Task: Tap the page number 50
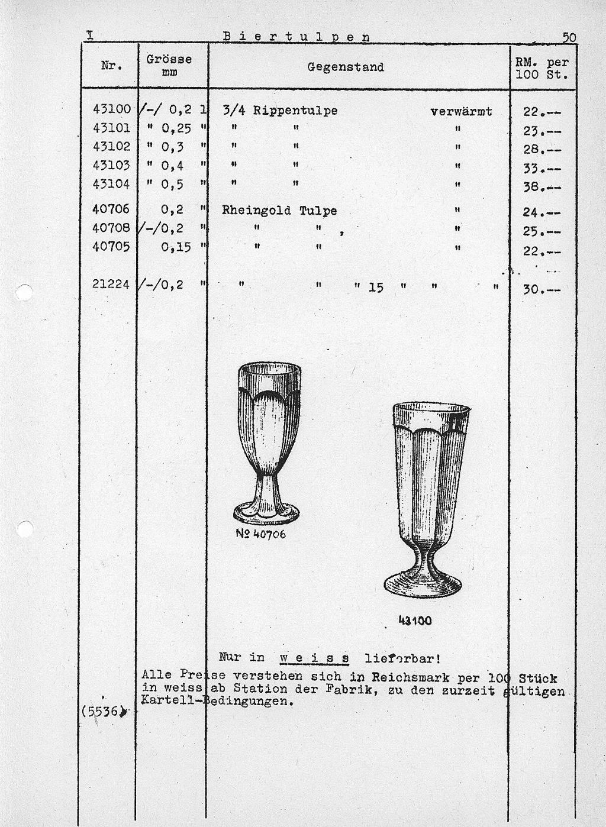pyautogui.click(x=569, y=37)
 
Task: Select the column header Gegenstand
pyautogui.click(x=346, y=67)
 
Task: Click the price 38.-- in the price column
pyautogui.click(x=541, y=188)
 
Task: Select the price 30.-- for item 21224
pyautogui.click(x=541, y=289)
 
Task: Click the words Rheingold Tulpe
pyautogui.click(x=279, y=211)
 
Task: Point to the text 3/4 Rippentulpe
pyautogui.click(x=280, y=111)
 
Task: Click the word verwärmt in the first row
pyautogui.click(x=461, y=111)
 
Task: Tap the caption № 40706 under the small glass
pyautogui.click(x=260, y=534)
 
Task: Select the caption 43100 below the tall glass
pyautogui.click(x=415, y=621)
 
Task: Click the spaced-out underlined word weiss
pyautogui.click(x=314, y=658)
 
